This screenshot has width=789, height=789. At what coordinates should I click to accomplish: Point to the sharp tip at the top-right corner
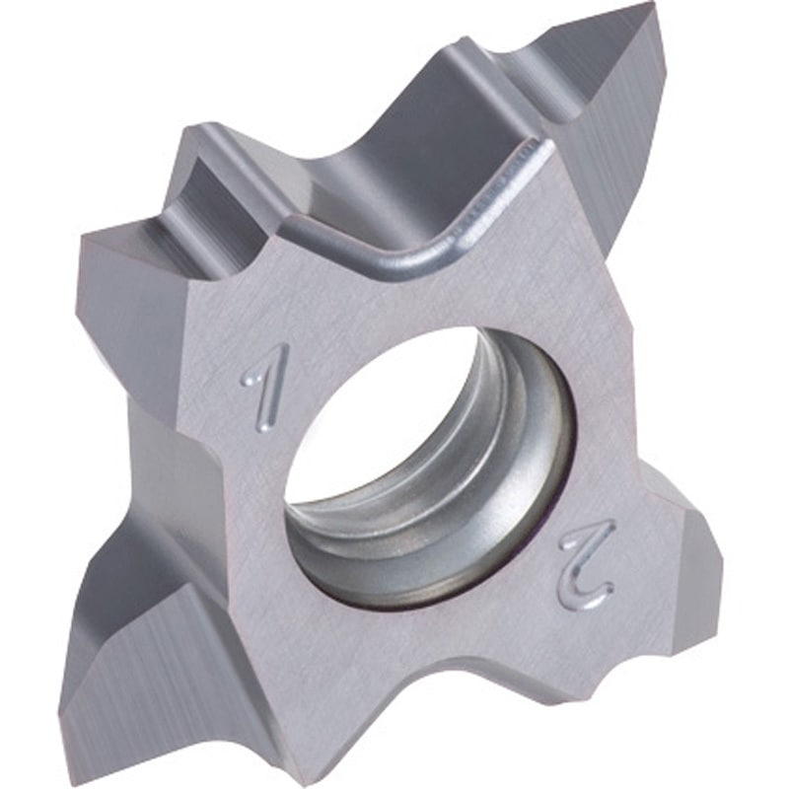[652, 3]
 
